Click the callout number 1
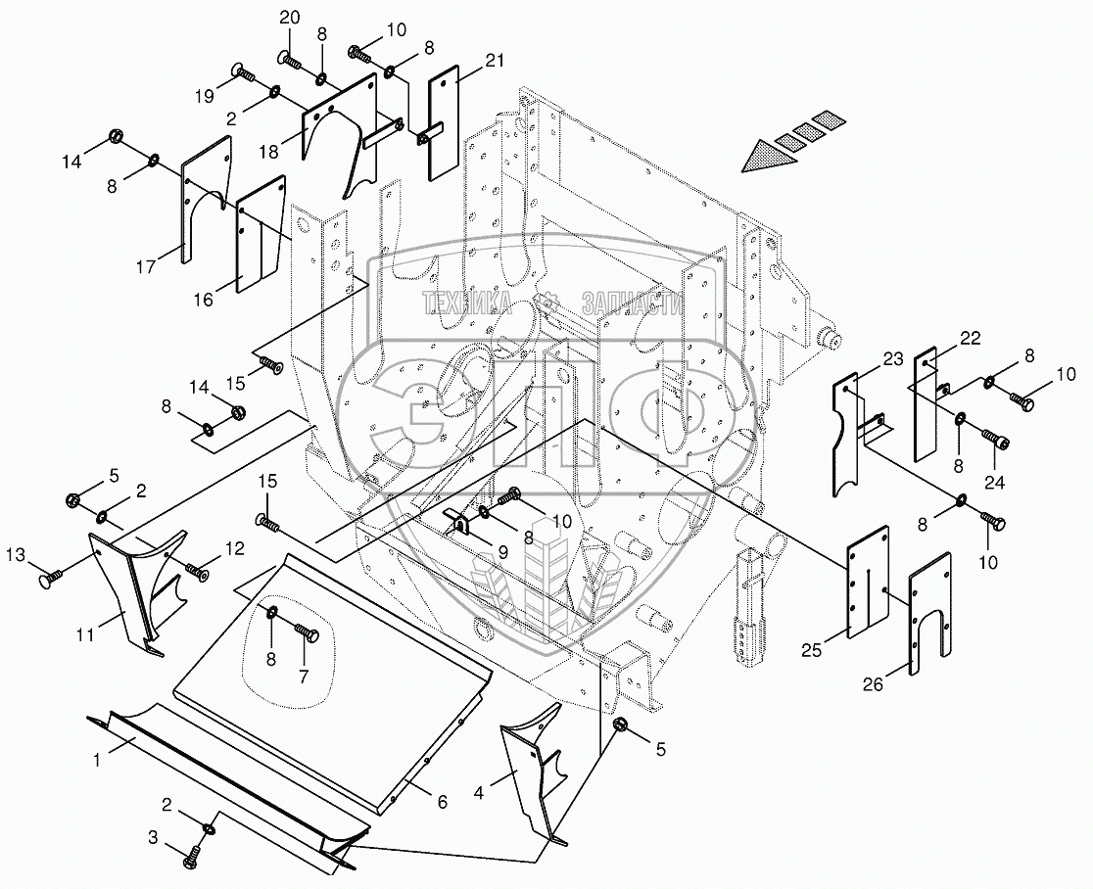point(97,760)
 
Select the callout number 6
point(442,802)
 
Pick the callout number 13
point(17,555)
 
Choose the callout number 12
point(235,549)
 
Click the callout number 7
point(304,676)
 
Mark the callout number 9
point(502,551)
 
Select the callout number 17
point(146,266)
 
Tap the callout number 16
point(203,300)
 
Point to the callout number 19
point(205,98)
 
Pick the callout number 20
point(289,19)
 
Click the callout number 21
point(494,61)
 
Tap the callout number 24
point(994,482)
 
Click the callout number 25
point(811,652)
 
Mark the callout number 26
point(873,684)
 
